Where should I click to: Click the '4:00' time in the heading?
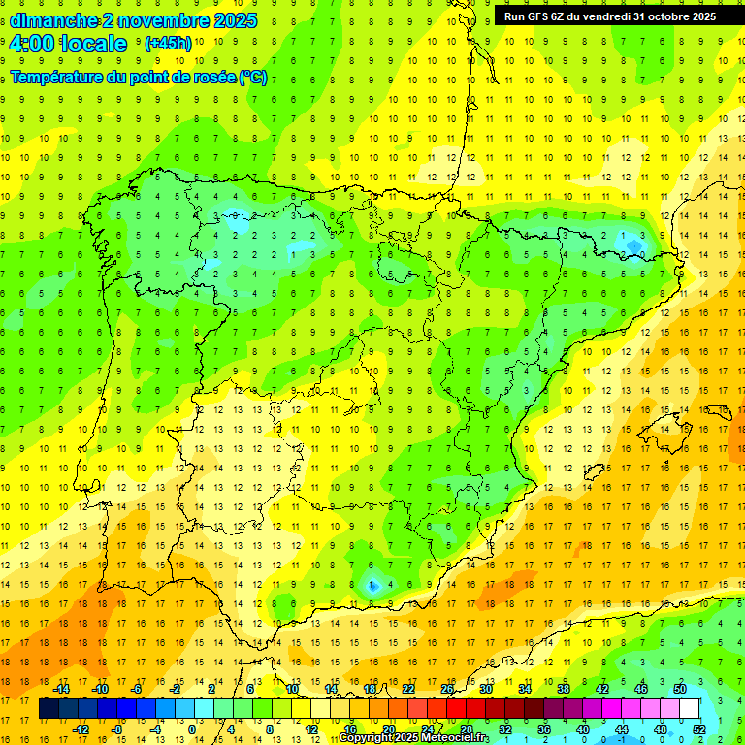31,44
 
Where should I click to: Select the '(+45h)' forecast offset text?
168,44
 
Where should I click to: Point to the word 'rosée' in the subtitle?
204,78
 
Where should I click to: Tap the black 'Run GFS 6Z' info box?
609,16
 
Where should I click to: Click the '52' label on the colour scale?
699,729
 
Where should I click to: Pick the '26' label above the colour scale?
447,689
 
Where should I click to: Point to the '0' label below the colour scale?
192,729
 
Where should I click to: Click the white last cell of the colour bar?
689,709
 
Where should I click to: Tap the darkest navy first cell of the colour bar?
49,709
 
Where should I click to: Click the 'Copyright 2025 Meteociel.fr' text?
414,738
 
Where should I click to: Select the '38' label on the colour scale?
564,689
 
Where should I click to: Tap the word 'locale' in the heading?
98,44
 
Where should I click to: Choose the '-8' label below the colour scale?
117,729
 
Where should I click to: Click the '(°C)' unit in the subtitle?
253,78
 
